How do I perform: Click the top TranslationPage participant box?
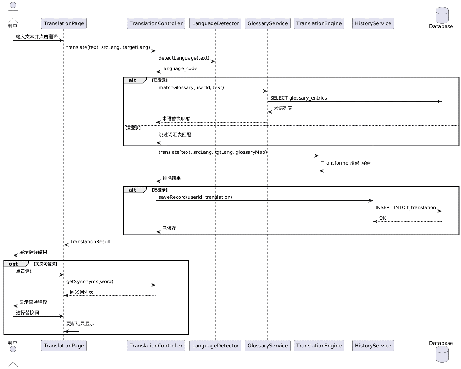click(x=64, y=23)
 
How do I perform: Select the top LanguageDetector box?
click(x=215, y=23)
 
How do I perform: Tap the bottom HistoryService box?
click(x=373, y=345)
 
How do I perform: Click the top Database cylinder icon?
click(x=442, y=15)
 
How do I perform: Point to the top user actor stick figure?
click(x=13, y=12)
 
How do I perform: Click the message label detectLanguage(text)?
click(x=184, y=58)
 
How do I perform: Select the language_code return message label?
click(x=179, y=68)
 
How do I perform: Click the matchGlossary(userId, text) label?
click(x=191, y=87)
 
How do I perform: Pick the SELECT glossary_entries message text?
click(x=298, y=98)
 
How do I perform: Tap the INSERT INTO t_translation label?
click(x=405, y=207)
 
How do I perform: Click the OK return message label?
click(x=382, y=218)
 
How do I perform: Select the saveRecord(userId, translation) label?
click(x=195, y=197)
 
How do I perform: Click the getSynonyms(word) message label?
click(x=90, y=281)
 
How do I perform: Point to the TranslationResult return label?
click(x=90, y=241)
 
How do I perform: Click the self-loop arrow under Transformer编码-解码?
click(x=334, y=169)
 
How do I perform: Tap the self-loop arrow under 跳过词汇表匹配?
click(x=171, y=140)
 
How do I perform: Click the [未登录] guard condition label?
click(x=133, y=128)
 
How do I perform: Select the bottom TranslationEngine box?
click(x=319, y=345)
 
